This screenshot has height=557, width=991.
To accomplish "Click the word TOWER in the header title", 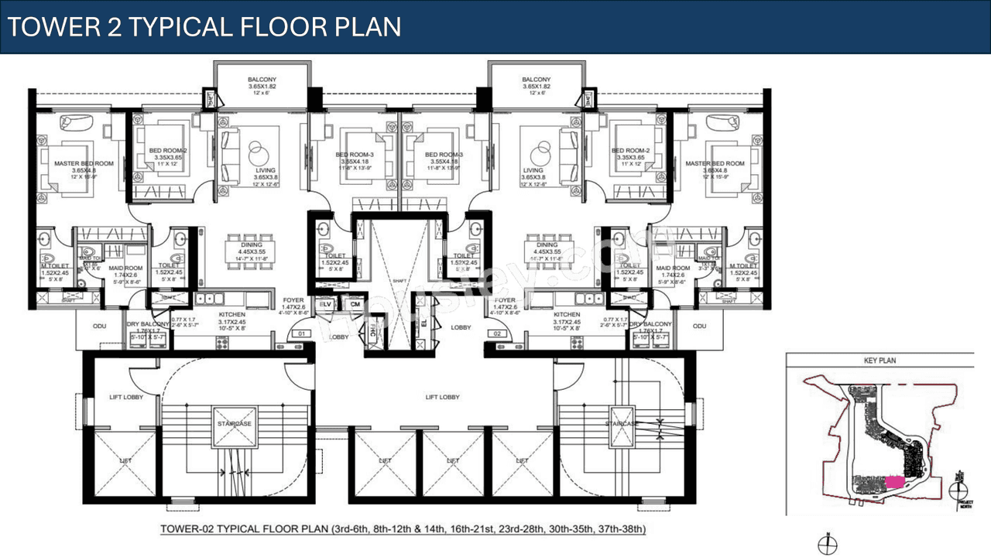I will click(52, 26).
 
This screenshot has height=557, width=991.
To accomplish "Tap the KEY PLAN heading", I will click(880, 361).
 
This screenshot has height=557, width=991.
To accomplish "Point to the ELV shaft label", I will click(326, 305).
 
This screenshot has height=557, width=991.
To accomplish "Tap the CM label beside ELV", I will click(355, 305).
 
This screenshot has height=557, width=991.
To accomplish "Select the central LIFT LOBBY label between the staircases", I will click(442, 397).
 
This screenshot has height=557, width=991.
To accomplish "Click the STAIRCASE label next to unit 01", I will click(233, 424).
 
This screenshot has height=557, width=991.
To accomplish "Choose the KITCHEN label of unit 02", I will click(567, 315).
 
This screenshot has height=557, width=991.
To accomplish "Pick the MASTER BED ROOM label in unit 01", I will click(84, 163).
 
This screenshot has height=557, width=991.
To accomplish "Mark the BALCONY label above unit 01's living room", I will click(262, 80).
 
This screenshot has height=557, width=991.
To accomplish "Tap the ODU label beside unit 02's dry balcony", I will click(700, 326).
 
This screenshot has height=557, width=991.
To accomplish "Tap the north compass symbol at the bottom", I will click(827, 544).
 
